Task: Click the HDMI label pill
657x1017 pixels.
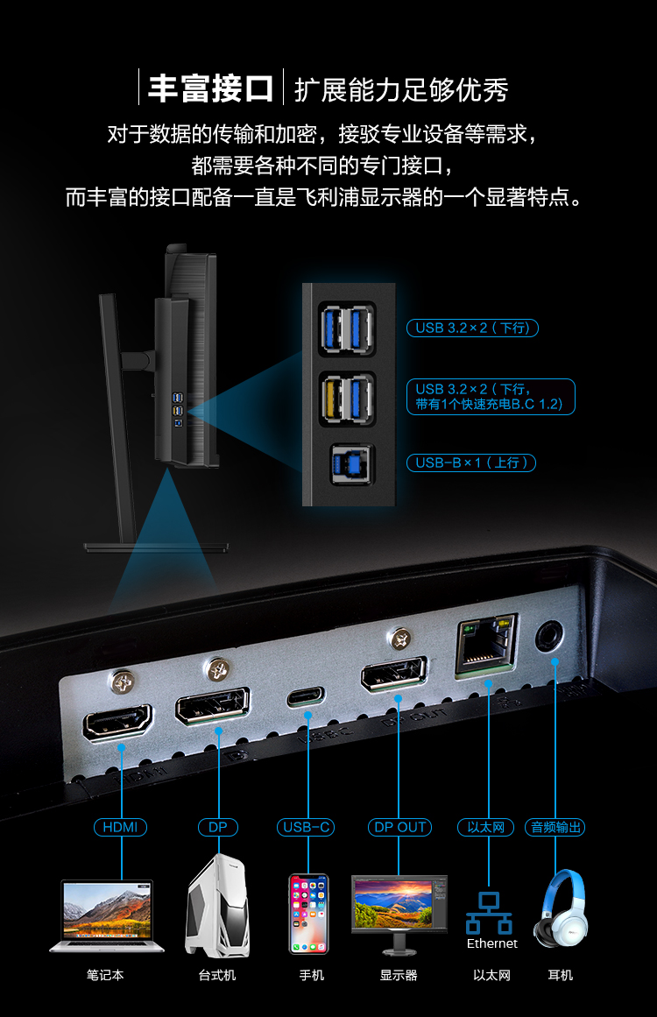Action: tap(121, 827)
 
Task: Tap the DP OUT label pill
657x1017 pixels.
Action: tap(399, 827)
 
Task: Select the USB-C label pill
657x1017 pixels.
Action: tap(306, 827)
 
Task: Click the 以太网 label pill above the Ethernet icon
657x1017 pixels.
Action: tap(486, 827)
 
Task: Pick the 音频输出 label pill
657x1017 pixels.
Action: tap(555, 827)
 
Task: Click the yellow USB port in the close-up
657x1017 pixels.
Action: tap(333, 399)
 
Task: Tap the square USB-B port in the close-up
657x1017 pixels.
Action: tap(351, 463)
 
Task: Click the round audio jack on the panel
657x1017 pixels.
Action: tap(549, 636)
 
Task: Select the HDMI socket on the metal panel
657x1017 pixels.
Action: tap(117, 722)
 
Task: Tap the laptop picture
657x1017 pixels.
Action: tap(106, 915)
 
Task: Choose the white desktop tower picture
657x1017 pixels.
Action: tap(218, 906)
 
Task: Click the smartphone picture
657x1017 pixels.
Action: tap(308, 914)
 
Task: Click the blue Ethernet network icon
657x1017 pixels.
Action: tap(489, 914)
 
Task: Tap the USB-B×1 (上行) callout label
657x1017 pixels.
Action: tap(471, 463)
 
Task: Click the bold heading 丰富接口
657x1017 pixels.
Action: tap(211, 88)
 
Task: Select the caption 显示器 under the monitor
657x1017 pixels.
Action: tap(399, 975)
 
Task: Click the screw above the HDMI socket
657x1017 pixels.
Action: tap(122, 682)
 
